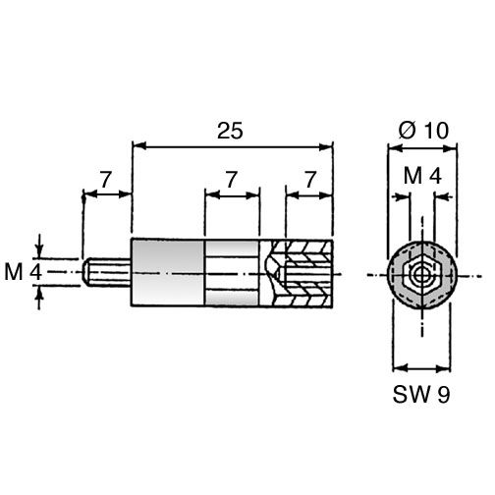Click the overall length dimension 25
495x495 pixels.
tap(230, 131)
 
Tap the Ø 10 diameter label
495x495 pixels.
tap(423, 131)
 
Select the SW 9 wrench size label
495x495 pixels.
tap(421, 395)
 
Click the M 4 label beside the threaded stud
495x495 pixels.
tap(23, 272)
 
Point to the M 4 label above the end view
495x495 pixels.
tap(422, 176)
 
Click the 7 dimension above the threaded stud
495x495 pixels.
tap(106, 180)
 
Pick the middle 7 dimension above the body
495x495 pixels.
tap(231, 180)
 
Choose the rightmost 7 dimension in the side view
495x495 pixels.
tap(310, 180)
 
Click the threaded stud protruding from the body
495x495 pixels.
tap(107, 272)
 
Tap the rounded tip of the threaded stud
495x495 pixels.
tap(85, 272)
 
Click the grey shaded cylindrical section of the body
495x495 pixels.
tap(168, 272)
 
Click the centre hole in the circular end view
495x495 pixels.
tap(420, 276)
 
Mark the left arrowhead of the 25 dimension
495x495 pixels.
tap(138, 146)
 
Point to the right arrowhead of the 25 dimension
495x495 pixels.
tap(326, 146)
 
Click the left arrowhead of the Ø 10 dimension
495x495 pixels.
tap(395, 148)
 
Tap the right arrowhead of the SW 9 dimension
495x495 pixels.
tap(444, 368)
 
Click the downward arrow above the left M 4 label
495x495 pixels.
tap(39, 249)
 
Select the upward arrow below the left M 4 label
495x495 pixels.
tap(39, 296)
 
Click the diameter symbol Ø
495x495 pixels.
tap(408, 131)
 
